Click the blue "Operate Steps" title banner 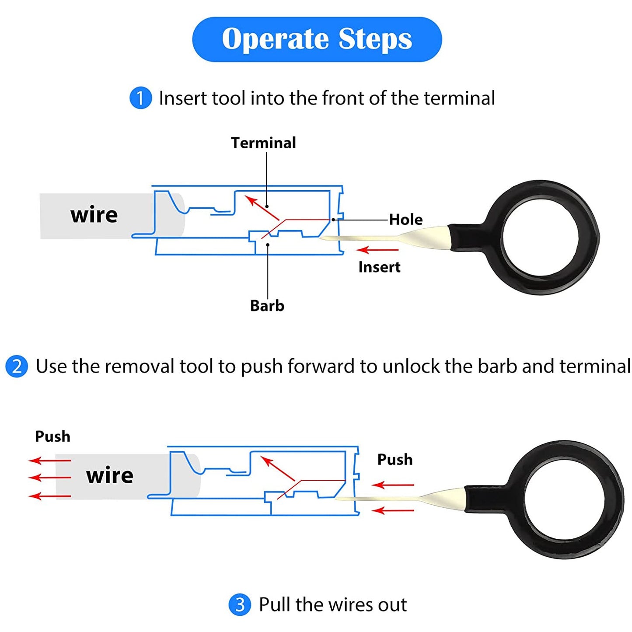[x=317, y=39]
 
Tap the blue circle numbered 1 [x=141, y=98]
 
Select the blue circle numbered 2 [x=17, y=367]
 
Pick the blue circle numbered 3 [x=240, y=604]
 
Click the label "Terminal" [x=263, y=143]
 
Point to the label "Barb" [x=267, y=306]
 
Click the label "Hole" [x=406, y=220]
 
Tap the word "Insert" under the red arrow [x=380, y=267]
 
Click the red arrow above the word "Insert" [x=377, y=250]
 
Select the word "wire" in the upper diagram [x=94, y=215]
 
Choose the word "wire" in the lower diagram [x=109, y=475]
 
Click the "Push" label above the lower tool [x=395, y=459]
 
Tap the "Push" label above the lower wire [x=52, y=436]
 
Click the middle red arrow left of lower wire [x=49, y=477]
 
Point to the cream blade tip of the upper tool [x=321, y=238]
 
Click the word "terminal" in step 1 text [x=459, y=98]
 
